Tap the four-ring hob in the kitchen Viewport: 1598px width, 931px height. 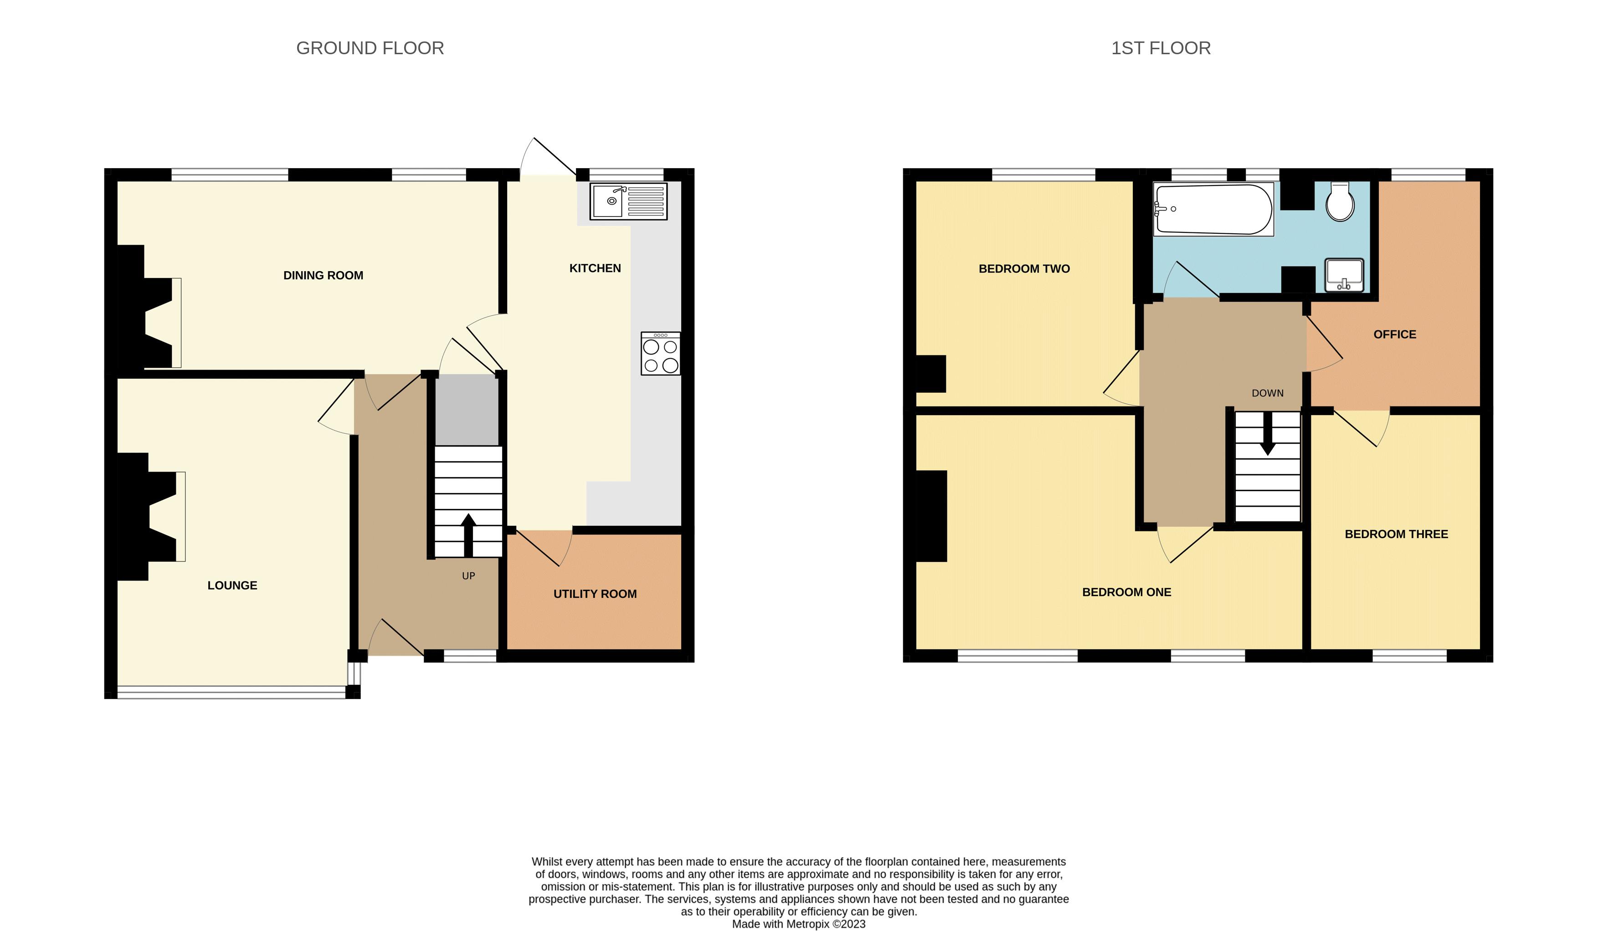[x=660, y=354]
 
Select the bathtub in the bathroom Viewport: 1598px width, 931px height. [x=1213, y=209]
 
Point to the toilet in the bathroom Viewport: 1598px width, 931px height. [x=1340, y=202]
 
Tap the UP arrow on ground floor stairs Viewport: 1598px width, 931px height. [x=468, y=535]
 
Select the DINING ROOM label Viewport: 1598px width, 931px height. [x=323, y=275]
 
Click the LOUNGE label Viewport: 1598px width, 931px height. [x=232, y=586]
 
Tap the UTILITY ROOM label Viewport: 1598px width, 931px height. [x=594, y=594]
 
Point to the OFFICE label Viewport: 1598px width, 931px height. [x=1394, y=334]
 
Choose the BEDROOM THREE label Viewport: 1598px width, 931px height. [x=1396, y=534]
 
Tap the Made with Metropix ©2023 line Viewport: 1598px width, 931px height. [x=798, y=924]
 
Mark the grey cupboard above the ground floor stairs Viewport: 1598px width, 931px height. [x=467, y=410]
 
